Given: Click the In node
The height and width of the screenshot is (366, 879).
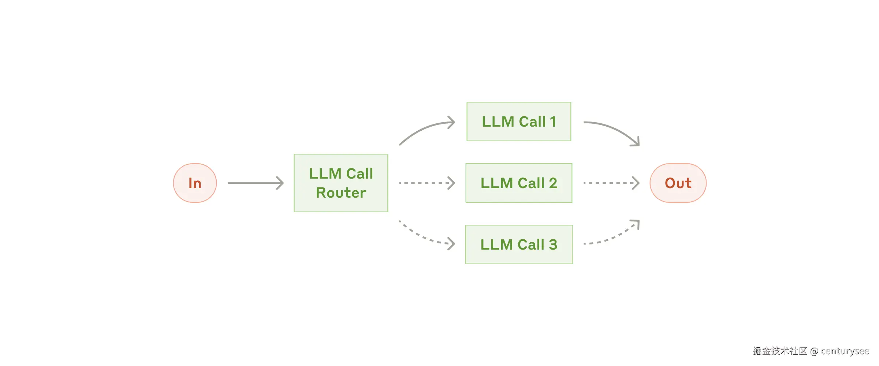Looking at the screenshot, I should click(x=195, y=183).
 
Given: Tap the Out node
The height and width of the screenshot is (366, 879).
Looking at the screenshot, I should click(x=678, y=183).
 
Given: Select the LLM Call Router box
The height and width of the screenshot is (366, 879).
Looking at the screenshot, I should click(x=341, y=183).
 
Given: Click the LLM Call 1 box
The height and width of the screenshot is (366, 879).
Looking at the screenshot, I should click(x=519, y=122).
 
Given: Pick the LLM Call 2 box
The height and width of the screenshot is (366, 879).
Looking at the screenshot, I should click(x=519, y=183).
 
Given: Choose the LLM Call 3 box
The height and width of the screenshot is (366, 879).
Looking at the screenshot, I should click(x=519, y=244).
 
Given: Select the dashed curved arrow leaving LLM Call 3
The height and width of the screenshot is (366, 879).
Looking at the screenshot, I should click(x=615, y=236).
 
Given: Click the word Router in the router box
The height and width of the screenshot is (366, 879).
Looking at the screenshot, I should click(x=341, y=193).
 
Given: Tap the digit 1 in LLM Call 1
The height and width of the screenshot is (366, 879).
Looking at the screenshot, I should click(x=553, y=122).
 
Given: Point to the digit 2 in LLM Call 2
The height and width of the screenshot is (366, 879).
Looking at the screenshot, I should click(x=553, y=183).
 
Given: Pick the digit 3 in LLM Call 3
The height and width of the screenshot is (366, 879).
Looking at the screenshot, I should click(x=553, y=244).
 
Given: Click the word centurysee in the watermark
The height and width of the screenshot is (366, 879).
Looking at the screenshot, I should click(x=845, y=351).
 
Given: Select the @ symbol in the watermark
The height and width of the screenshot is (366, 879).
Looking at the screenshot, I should click(x=814, y=351).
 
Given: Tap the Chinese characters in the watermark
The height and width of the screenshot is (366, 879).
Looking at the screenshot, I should click(x=780, y=351).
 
